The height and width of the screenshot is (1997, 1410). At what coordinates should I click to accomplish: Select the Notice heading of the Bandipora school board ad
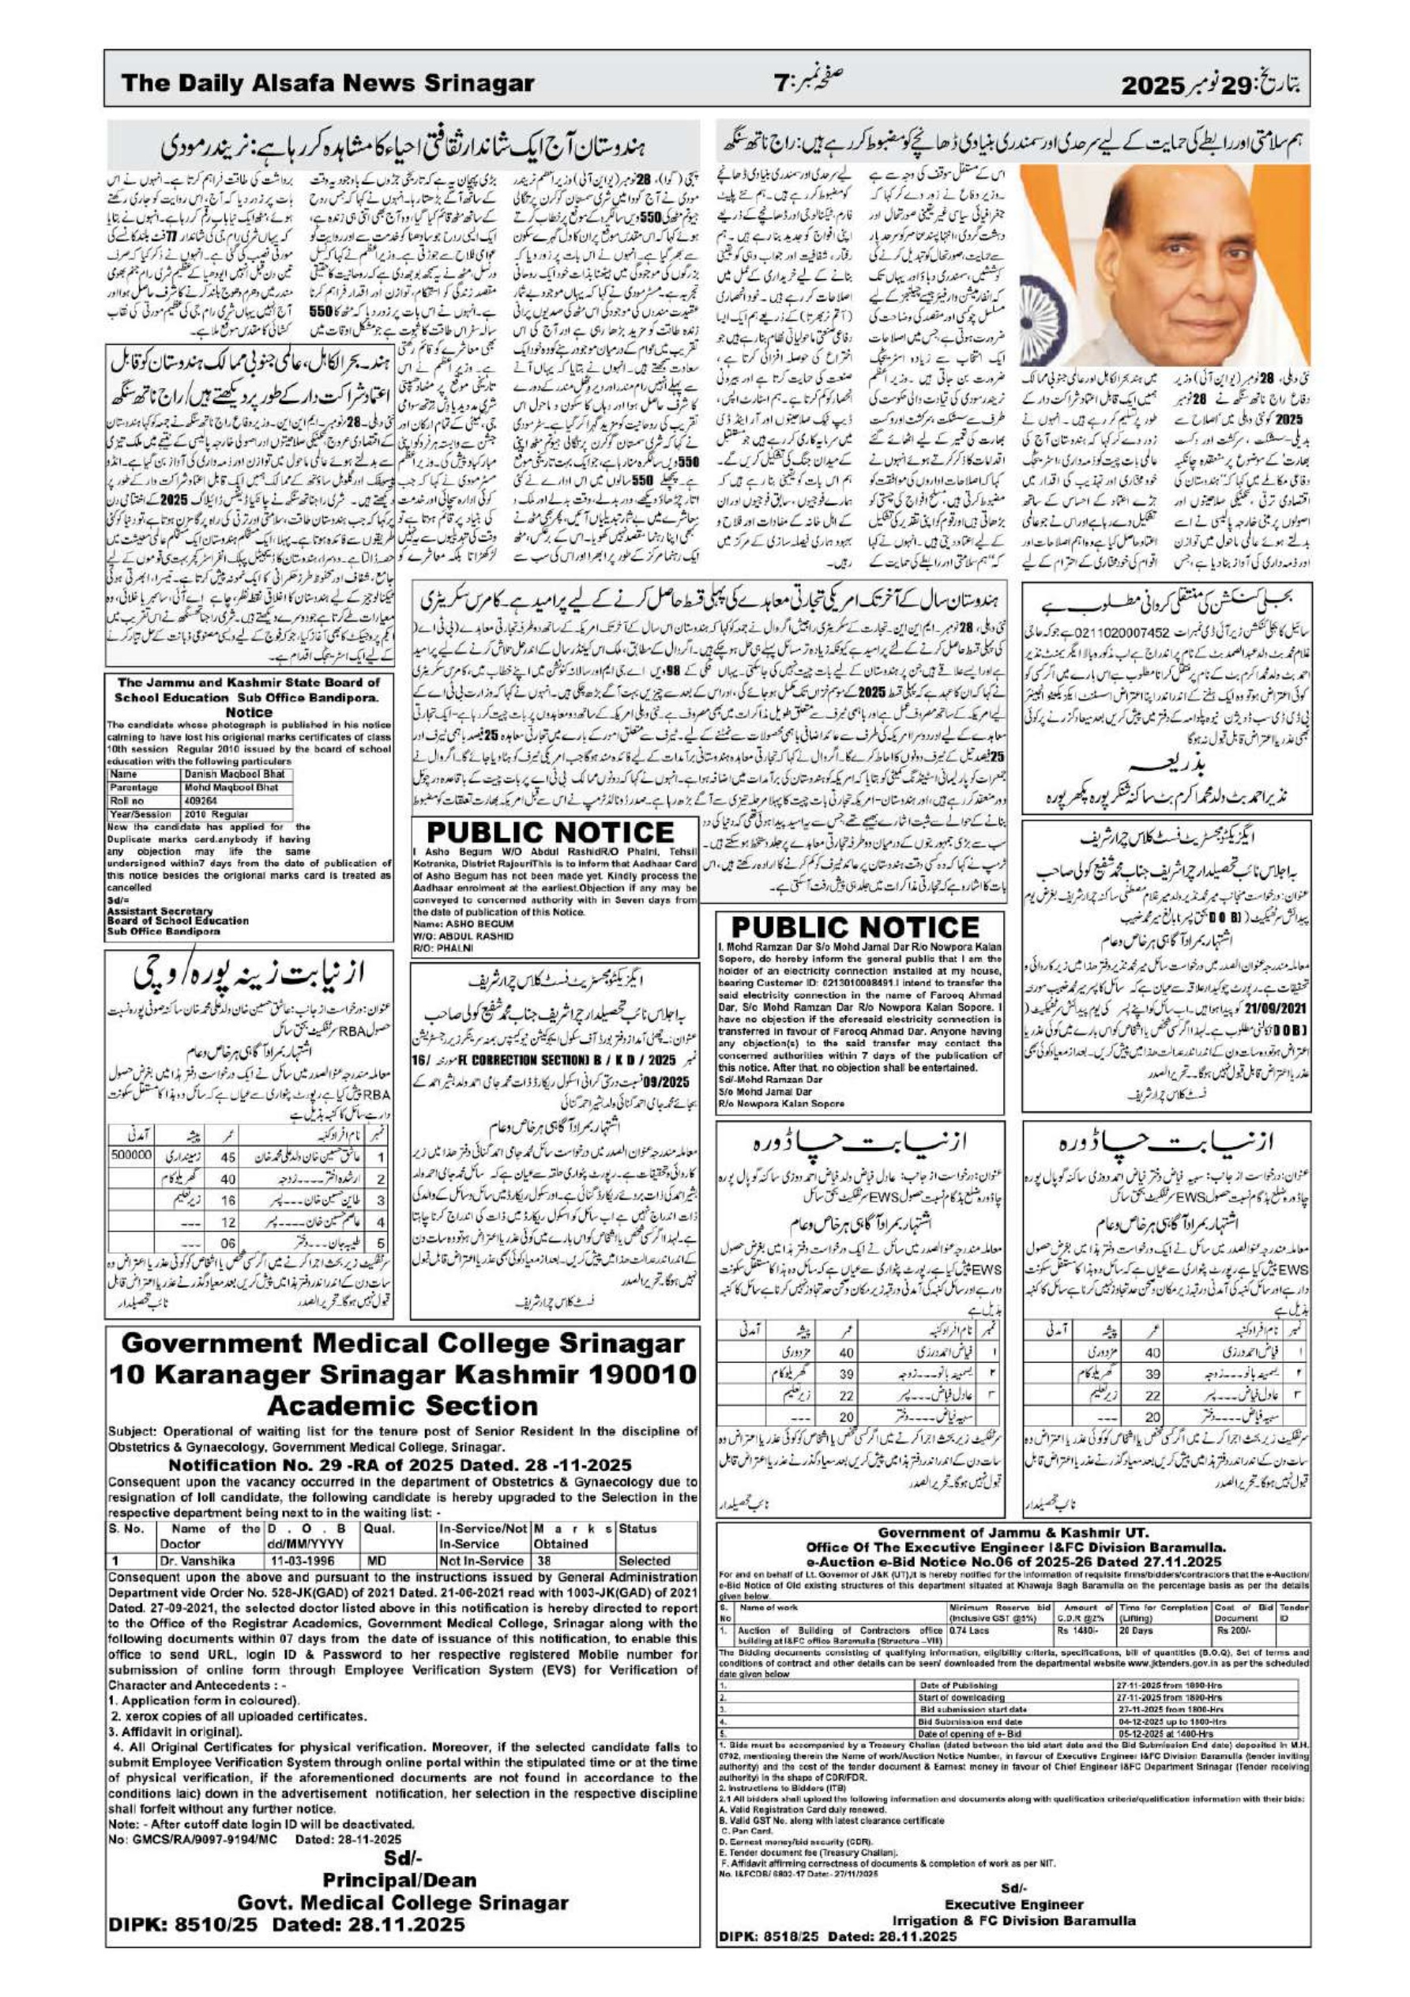tap(250, 712)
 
